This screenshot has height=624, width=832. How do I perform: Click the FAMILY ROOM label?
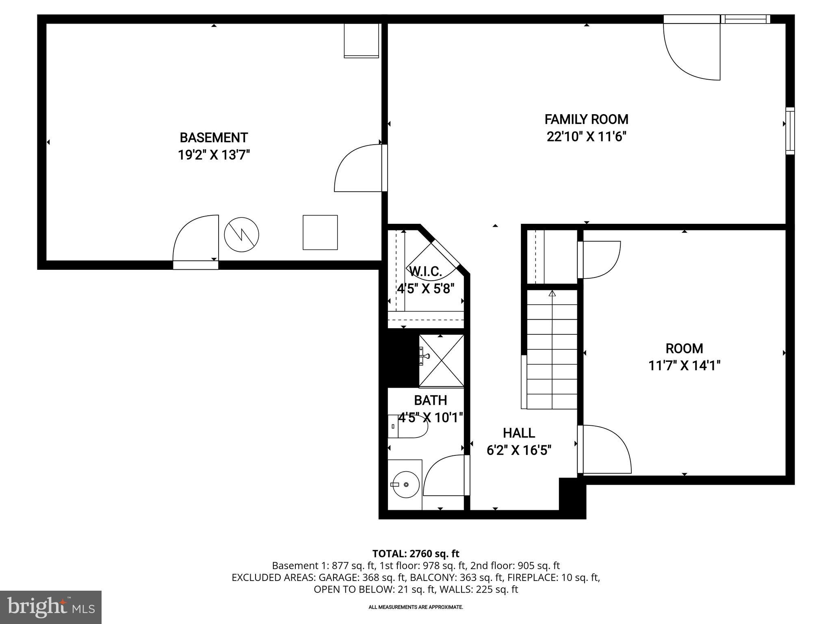click(586, 119)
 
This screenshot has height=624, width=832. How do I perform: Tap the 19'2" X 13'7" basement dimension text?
click(214, 155)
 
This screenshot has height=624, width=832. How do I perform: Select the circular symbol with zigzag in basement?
click(242, 234)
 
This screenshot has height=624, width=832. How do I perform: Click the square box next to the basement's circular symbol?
click(320, 232)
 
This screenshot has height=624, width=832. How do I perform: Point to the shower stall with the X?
click(442, 360)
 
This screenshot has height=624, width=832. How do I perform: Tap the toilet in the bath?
click(407, 426)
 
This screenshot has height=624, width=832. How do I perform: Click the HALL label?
click(519, 433)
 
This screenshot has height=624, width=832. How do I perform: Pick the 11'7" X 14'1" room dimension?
click(684, 366)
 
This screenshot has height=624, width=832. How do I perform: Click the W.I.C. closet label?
click(425, 271)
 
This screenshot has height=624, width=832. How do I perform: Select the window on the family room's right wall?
click(790, 131)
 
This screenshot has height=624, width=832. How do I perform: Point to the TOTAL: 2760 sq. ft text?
click(416, 554)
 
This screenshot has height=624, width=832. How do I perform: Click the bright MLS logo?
click(51, 607)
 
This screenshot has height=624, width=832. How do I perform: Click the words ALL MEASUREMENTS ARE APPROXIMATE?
click(416, 607)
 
